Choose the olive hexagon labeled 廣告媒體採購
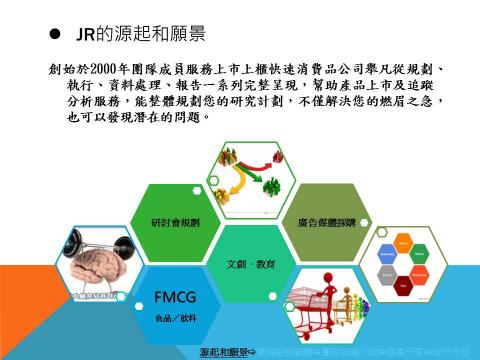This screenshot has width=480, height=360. tap(320, 221)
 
